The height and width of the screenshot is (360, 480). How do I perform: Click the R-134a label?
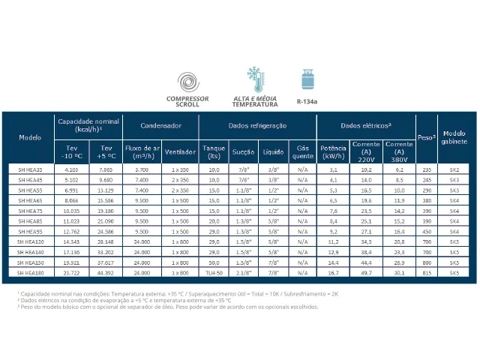(307, 101)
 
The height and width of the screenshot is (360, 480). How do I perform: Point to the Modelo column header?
(31, 138)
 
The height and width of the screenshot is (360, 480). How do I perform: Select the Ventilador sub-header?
(181, 152)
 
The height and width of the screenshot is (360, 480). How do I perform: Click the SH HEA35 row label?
(31, 170)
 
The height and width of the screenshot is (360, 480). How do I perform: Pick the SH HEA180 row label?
(31, 274)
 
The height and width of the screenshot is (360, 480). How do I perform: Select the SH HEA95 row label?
(31, 232)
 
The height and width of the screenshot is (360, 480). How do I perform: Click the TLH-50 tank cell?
(214, 274)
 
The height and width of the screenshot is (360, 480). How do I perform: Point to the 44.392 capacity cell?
(105, 274)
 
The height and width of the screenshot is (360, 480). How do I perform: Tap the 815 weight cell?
(427, 274)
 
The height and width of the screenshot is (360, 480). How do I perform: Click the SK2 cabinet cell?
(454, 170)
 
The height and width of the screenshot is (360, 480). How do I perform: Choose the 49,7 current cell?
(367, 274)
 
